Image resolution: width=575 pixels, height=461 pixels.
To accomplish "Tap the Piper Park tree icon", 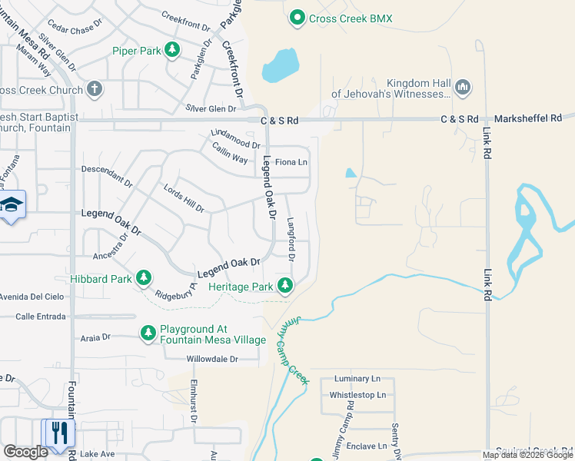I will [x=173, y=51].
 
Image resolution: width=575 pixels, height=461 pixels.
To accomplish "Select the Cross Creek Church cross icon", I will [x=95, y=89].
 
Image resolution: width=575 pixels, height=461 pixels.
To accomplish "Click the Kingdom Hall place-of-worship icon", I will [x=462, y=88].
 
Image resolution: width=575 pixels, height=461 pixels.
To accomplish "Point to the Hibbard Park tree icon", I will [x=143, y=278].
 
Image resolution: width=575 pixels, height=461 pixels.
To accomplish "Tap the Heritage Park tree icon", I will [x=285, y=287].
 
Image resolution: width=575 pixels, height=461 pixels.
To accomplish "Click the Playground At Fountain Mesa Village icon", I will [x=148, y=333].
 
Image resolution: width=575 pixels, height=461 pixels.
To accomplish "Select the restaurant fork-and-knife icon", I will [x=58, y=432].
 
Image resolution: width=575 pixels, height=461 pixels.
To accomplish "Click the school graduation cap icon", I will [x=12, y=204].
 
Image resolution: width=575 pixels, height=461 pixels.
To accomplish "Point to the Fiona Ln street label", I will [x=291, y=162].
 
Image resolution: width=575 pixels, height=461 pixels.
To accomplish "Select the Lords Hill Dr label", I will [x=184, y=198].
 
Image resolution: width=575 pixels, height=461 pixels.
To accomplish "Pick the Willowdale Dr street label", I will [x=212, y=359].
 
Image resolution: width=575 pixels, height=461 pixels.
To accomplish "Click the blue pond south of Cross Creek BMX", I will [x=280, y=66].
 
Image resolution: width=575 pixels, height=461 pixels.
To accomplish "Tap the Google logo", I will [x=25, y=452].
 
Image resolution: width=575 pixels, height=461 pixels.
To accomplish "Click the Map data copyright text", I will [x=527, y=455].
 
